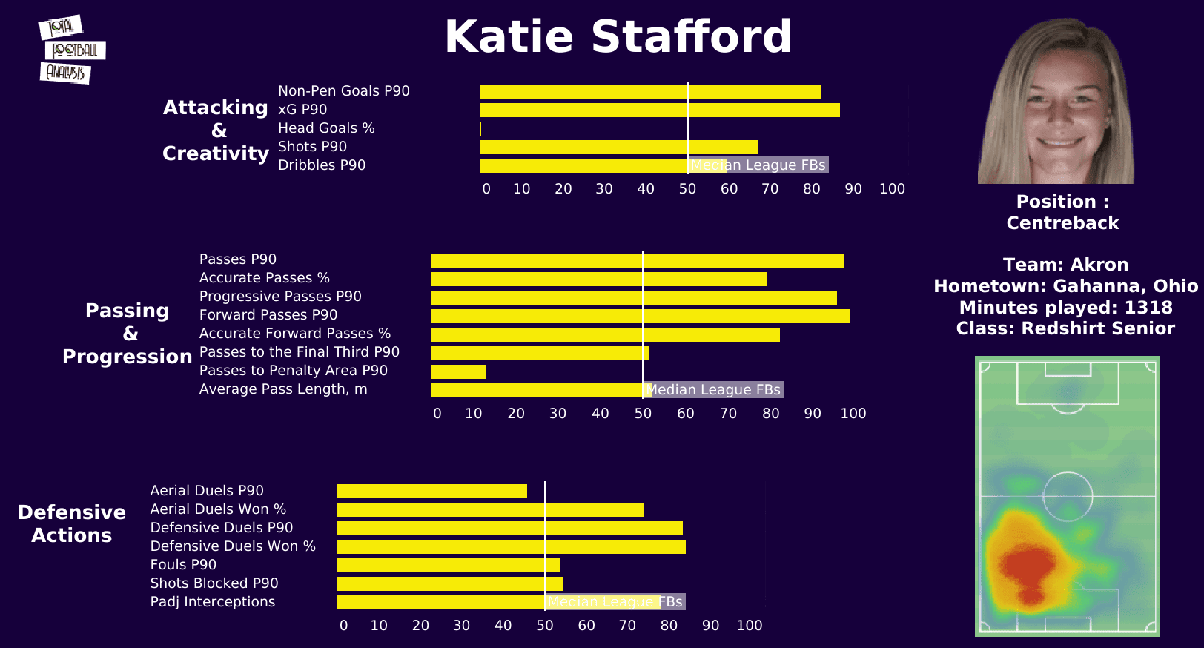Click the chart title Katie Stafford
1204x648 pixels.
click(618, 37)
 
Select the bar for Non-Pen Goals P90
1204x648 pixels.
click(650, 92)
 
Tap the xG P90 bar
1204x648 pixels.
click(660, 110)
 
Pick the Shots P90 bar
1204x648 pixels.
click(619, 148)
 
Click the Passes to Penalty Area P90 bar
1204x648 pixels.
click(458, 371)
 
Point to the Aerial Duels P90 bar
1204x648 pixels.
click(432, 491)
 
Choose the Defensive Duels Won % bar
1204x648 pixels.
click(512, 547)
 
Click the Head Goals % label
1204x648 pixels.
click(326, 128)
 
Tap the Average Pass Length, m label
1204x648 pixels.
click(283, 389)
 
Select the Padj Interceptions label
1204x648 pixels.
click(213, 602)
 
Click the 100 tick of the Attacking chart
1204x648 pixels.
click(892, 189)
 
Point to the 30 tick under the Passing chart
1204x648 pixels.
click(558, 414)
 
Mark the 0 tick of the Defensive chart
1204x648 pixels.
click(343, 626)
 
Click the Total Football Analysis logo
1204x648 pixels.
click(71, 50)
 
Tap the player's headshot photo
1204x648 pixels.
click(1056, 102)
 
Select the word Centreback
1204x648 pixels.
click(1062, 223)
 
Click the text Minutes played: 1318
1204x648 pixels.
click(1065, 308)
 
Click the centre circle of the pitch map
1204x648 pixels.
click(1068, 496)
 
